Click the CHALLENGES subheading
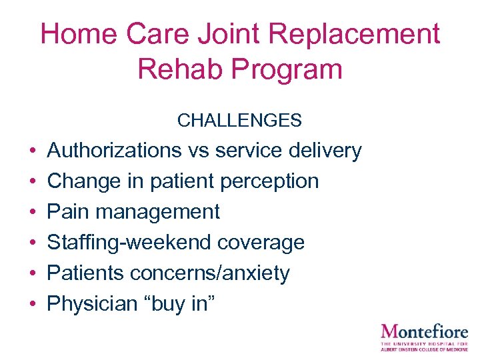[x=239, y=121]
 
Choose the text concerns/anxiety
[x=210, y=273]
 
